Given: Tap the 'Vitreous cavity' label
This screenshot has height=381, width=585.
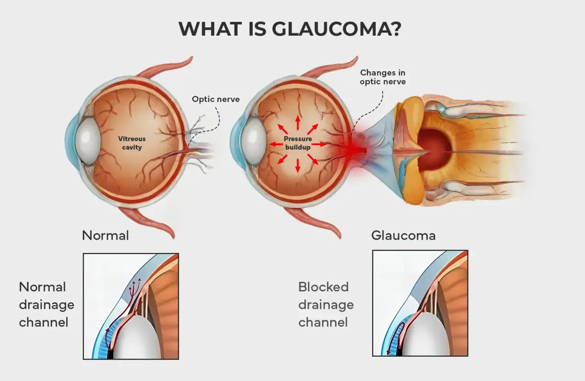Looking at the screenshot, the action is pos(132,143).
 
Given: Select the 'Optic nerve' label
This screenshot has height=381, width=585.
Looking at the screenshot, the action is pos(216,99).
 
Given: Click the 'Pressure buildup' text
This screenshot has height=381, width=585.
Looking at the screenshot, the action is pos(298,143).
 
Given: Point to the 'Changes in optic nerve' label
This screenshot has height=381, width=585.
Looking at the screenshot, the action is pos(383,77).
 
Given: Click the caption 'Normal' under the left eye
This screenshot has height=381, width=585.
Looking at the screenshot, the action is pos(105,236).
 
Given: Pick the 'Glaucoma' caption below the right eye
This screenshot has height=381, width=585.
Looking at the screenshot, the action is pos(403,236).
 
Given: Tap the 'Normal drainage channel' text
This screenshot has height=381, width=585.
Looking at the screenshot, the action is pos(47,305).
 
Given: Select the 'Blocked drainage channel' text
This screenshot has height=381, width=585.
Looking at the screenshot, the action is pos(326,305).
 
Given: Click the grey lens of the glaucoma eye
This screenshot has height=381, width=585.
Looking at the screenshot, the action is pos(253,140).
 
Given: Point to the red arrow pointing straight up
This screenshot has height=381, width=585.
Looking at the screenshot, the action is pos(298,123).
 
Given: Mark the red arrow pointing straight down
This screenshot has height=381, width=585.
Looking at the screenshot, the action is pos(298,166).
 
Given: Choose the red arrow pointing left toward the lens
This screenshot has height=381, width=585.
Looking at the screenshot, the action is pos(277,144).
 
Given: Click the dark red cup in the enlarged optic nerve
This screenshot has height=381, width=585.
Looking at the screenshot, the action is pos(434,150).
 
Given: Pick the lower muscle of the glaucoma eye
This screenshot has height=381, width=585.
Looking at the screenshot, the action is pos(314,223).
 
